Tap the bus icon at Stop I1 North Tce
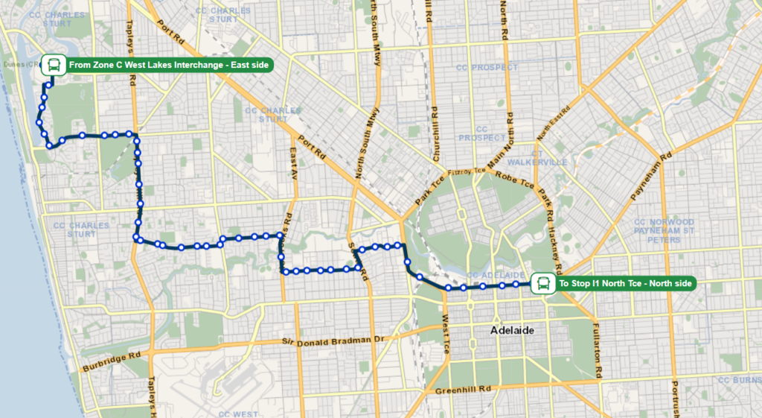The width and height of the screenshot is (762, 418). pyautogui.click(x=544, y=283)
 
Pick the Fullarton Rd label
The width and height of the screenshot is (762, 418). pyautogui.click(x=597, y=340)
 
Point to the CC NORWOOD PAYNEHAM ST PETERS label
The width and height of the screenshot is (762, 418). pyautogui.click(x=664, y=230)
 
